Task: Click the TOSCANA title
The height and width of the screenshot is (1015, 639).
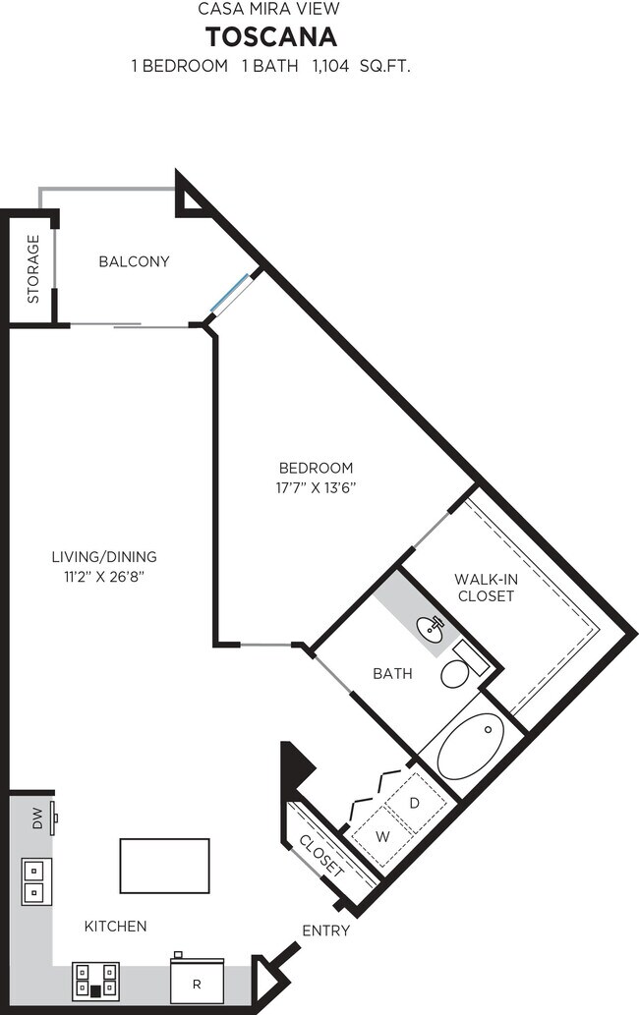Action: (271, 37)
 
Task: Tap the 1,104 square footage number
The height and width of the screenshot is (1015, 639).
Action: (331, 66)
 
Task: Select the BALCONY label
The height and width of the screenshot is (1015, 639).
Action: (134, 261)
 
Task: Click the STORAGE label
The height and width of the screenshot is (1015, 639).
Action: (33, 269)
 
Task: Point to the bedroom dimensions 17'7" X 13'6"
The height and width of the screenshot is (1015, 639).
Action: (316, 487)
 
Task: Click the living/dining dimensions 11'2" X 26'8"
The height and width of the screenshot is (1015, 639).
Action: (103, 577)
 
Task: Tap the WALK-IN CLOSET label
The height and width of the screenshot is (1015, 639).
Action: (487, 588)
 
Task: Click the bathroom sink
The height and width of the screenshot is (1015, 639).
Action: (430, 629)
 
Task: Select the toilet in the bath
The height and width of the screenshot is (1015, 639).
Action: (464, 665)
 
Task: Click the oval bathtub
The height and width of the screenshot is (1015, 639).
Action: (471, 747)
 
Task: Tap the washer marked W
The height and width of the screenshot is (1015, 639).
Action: (382, 836)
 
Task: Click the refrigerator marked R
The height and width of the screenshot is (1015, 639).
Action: (197, 979)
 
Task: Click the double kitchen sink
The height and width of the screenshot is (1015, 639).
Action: (36, 881)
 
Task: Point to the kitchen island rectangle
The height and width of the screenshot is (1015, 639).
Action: (164, 866)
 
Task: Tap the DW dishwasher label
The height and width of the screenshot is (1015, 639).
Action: (37, 818)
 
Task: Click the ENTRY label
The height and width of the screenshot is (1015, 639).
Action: (326, 930)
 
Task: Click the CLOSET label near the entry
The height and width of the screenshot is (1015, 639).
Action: (321, 856)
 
